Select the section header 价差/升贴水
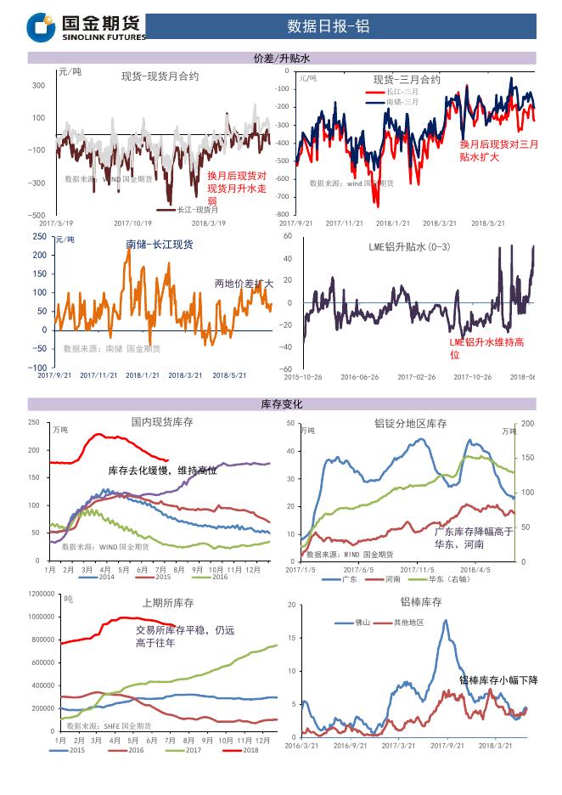click(x=281, y=58)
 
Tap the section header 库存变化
click(x=281, y=404)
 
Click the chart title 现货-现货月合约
click(x=160, y=76)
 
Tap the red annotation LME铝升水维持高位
click(x=486, y=347)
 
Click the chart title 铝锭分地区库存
click(x=410, y=423)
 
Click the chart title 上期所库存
click(x=167, y=602)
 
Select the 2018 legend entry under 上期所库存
click(x=244, y=750)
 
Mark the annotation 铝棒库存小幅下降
click(x=498, y=679)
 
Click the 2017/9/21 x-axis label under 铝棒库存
click(x=447, y=745)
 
